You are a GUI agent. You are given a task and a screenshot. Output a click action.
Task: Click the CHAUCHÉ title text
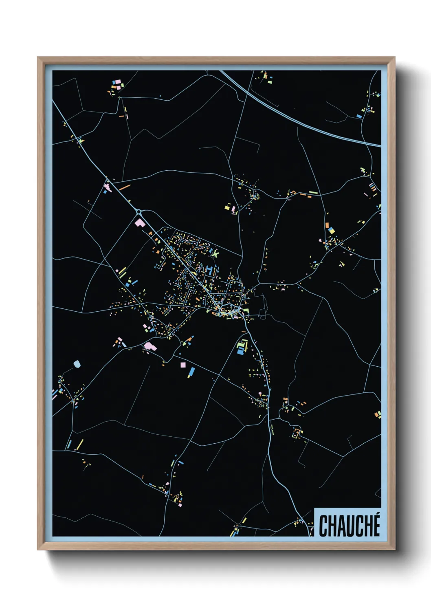pyautogui.click(x=349, y=526)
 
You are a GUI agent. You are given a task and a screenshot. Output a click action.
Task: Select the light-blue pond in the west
pyautogui.click(x=77, y=363)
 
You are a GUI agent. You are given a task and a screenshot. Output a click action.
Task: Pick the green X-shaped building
pyautogui.click(x=215, y=254)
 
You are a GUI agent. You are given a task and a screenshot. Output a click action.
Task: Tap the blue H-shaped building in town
pyautogui.click(x=209, y=270)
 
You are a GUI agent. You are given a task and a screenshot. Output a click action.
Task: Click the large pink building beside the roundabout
pyautogui.click(x=140, y=223)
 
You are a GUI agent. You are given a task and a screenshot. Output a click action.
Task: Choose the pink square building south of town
pyautogui.click(x=183, y=365)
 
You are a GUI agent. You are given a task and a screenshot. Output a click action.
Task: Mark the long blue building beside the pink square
pyautogui.click(x=191, y=372)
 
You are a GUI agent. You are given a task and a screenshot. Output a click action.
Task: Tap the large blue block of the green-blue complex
pyautogui.click(x=240, y=350)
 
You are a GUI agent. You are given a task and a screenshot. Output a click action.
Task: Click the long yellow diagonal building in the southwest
pyautogui.click(x=80, y=445)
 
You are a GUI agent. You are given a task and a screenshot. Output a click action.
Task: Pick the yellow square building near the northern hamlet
pyautogui.click(x=227, y=208)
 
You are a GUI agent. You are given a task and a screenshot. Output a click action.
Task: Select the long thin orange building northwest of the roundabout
pyautogui.click(x=124, y=187)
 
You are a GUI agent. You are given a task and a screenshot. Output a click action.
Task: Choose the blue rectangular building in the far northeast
pyautogui.click(x=359, y=116)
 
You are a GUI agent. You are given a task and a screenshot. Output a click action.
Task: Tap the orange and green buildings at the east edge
pyautogui.click(x=378, y=414)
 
